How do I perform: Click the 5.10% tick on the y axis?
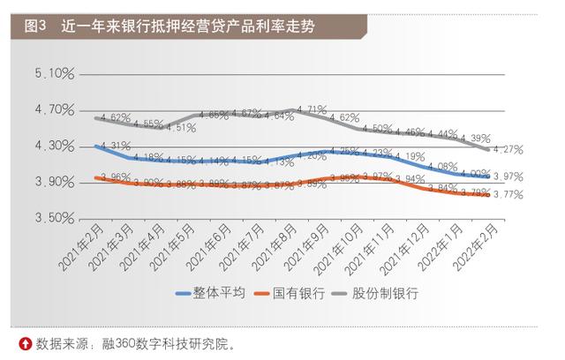click(x=56, y=74)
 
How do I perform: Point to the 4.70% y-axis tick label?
click(x=56, y=110)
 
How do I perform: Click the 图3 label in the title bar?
click(x=35, y=27)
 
